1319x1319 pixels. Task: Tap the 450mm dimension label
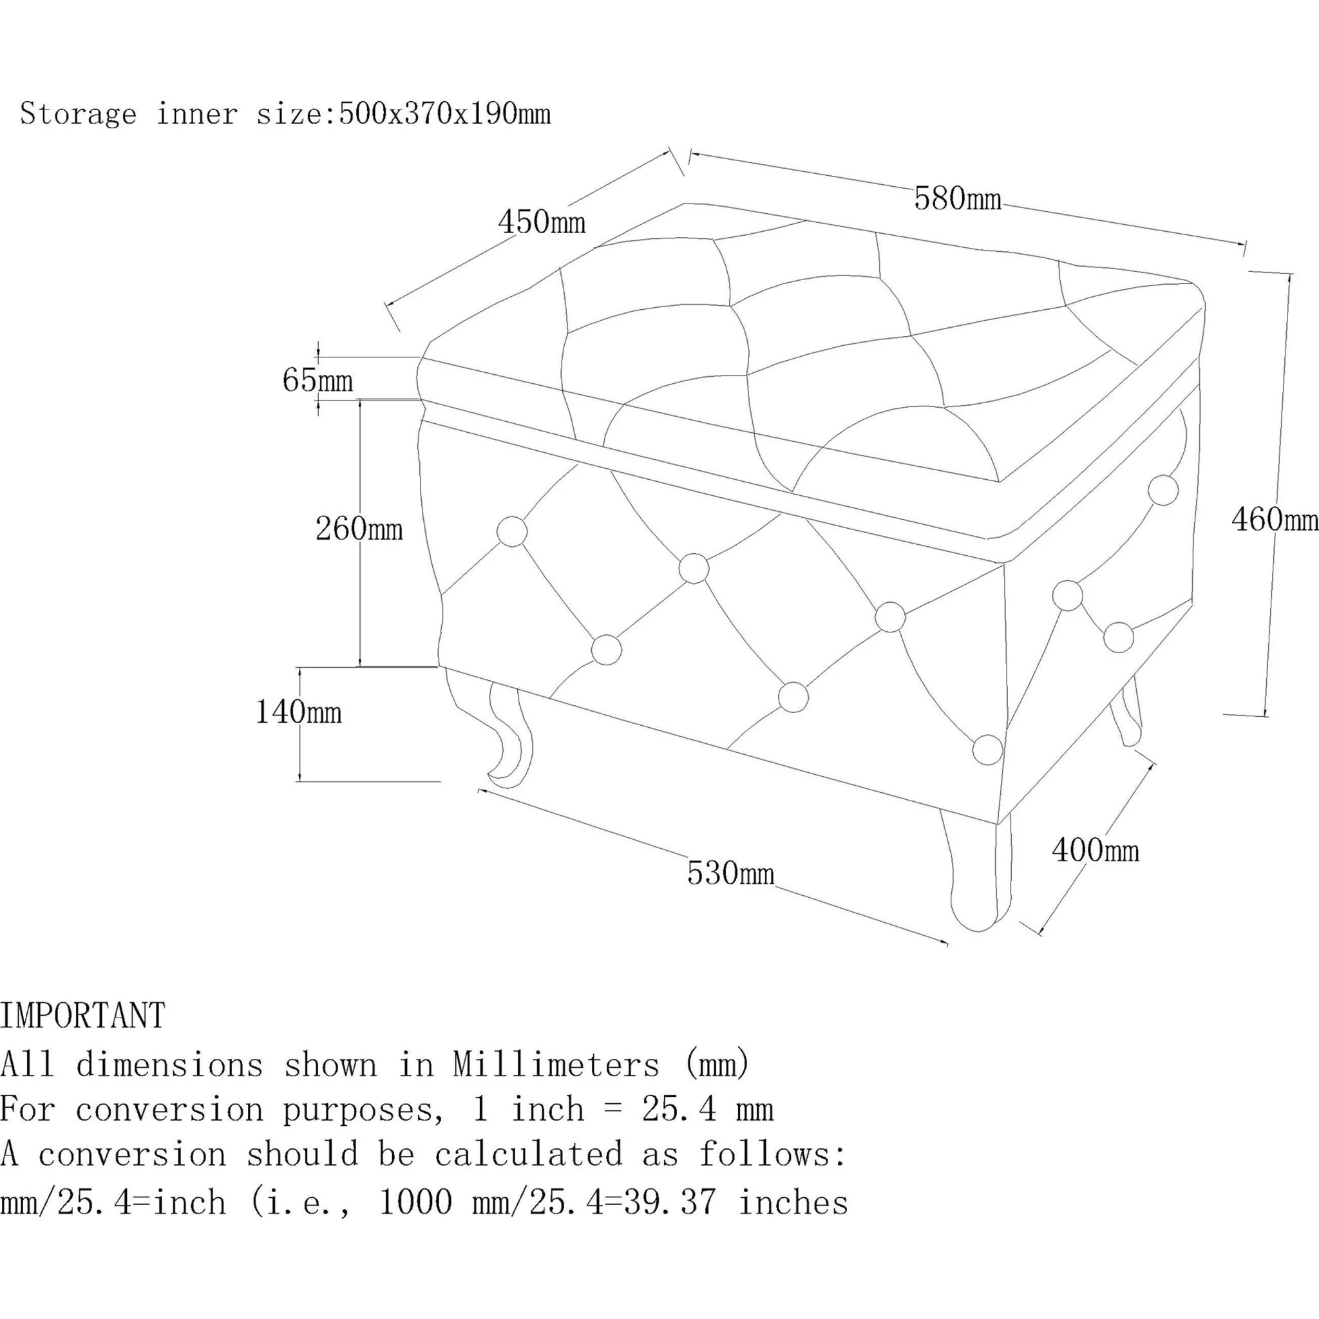[542, 222]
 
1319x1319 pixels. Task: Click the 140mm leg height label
[298, 712]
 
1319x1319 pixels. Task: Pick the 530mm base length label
[730, 873]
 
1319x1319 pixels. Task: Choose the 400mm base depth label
[1095, 850]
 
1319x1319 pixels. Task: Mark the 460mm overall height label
[1275, 520]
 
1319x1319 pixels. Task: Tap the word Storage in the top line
[79, 113]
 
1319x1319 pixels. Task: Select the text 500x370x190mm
[444, 113]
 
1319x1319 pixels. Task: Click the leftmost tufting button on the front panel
[512, 531]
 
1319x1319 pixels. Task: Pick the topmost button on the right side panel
[1163, 489]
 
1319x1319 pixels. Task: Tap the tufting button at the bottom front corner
[987, 749]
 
